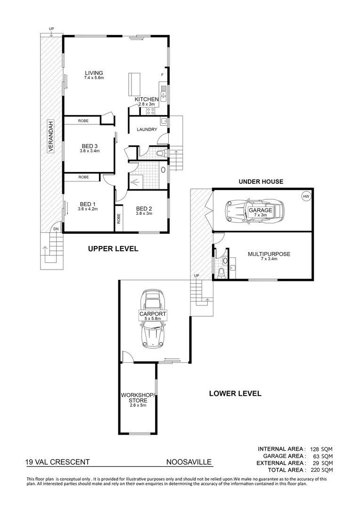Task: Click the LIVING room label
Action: tap(94, 73)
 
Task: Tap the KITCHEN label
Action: tap(147, 99)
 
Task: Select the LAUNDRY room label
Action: tap(147, 130)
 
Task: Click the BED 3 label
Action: tap(90, 146)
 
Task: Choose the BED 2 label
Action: tap(144, 209)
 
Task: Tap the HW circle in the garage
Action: tap(306, 196)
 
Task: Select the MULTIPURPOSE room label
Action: tap(269, 254)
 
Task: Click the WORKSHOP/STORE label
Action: tap(138, 397)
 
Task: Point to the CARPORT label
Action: tap(153, 313)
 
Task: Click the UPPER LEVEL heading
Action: tap(113, 249)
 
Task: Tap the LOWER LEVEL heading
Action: tap(235, 394)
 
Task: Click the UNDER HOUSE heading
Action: tap(261, 181)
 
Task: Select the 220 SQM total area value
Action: tap(323, 470)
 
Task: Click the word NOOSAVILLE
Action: tap(188, 462)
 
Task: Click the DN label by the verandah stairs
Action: tap(56, 229)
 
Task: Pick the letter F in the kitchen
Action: tap(163, 75)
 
